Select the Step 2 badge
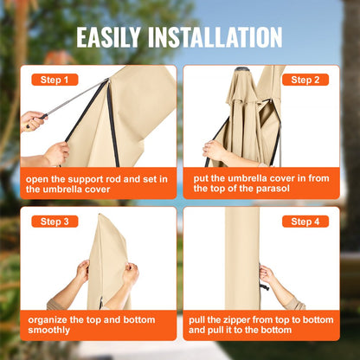305,80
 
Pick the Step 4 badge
305,222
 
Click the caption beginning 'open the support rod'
96,184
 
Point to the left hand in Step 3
82,271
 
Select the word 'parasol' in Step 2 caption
268,190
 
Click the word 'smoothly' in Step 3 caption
50,330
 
